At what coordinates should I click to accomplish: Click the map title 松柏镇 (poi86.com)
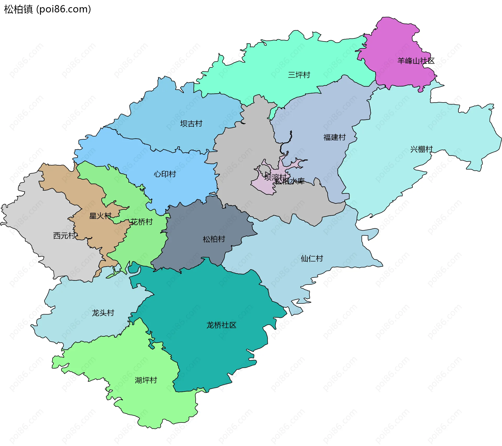click(x=47, y=9)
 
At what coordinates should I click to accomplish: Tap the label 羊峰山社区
click(x=416, y=61)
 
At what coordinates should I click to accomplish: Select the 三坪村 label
click(x=299, y=75)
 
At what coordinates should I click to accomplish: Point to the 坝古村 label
click(x=191, y=124)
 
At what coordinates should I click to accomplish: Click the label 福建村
click(x=334, y=137)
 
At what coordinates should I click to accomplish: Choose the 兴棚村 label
click(x=421, y=149)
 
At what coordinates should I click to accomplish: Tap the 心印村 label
click(x=165, y=174)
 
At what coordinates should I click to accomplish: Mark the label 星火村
click(x=100, y=216)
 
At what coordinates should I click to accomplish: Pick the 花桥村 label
click(x=141, y=222)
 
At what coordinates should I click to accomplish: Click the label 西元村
click(x=64, y=236)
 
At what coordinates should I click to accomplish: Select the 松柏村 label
click(x=214, y=239)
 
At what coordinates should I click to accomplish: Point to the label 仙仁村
click(x=312, y=259)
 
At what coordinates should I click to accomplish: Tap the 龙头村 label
click(x=103, y=313)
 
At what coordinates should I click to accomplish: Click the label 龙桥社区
click(x=221, y=325)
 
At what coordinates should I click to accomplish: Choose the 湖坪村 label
click(x=146, y=380)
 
